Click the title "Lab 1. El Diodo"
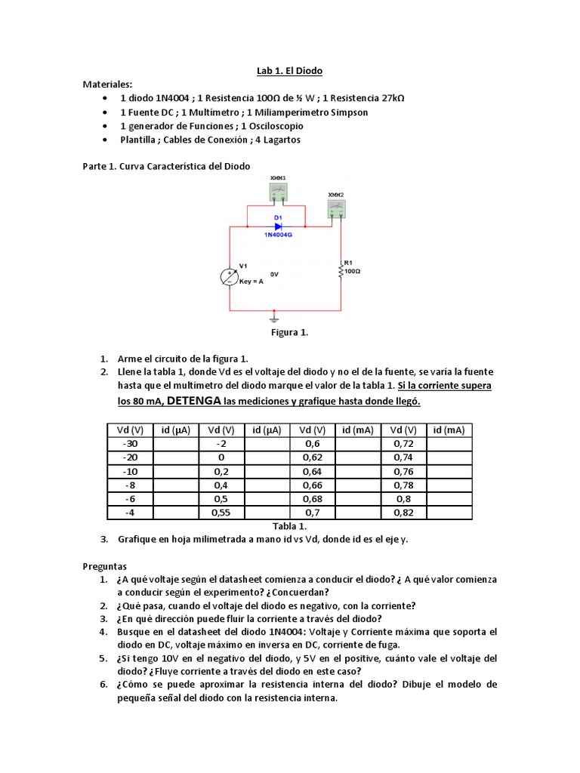[x=290, y=71]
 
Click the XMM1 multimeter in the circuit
[x=278, y=192]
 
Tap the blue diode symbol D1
[x=278, y=226]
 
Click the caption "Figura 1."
[x=290, y=332]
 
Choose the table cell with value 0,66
[x=312, y=485]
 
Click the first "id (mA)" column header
[x=358, y=430]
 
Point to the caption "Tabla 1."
[x=290, y=526]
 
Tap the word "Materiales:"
[x=107, y=85]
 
